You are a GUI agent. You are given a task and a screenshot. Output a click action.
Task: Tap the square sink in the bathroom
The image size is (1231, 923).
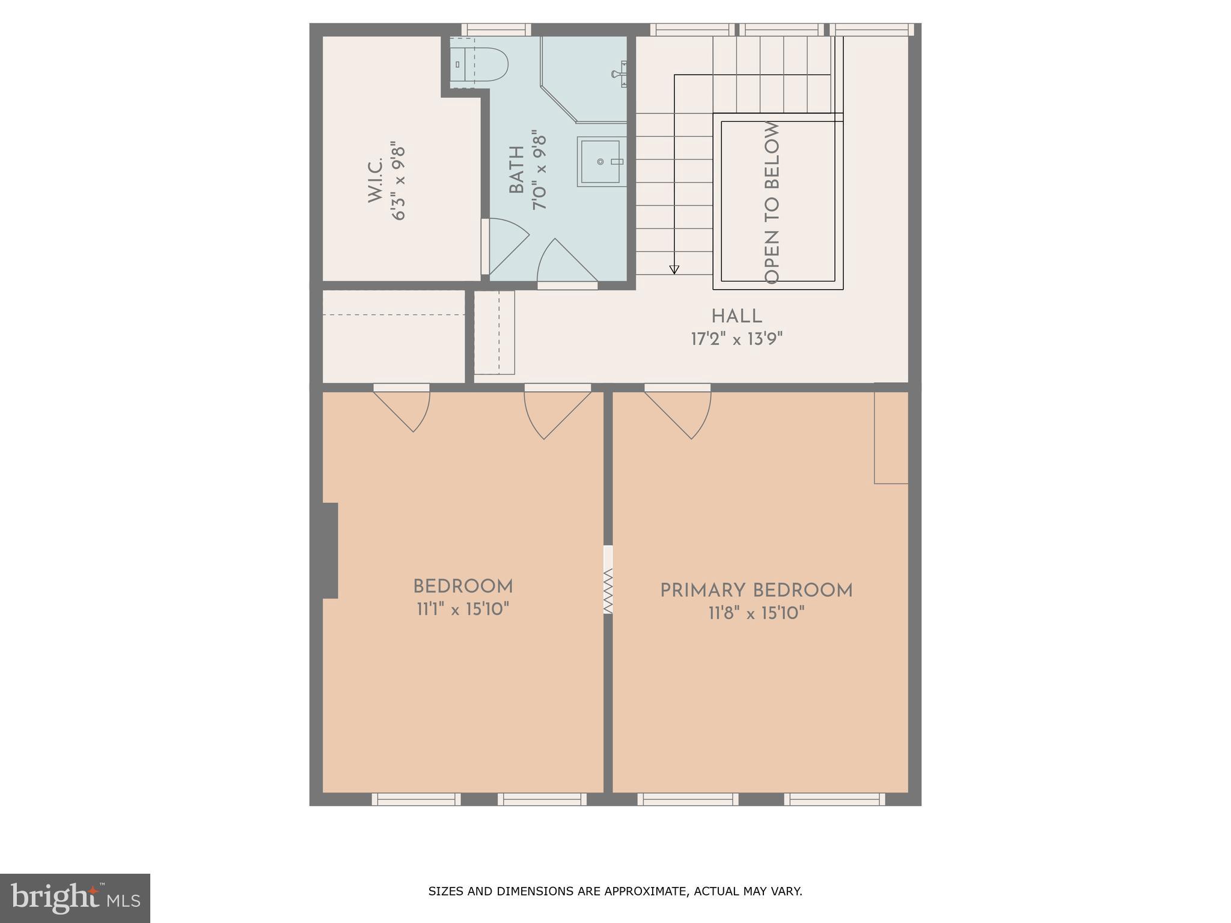(599, 162)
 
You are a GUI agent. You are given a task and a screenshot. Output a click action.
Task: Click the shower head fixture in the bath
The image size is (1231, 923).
(620, 74)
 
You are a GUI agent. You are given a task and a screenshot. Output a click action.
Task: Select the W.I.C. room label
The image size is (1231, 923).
(376, 181)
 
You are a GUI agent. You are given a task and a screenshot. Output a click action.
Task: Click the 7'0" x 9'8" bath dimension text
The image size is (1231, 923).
(539, 172)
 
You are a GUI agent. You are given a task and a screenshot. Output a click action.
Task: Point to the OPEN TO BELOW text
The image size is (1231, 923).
(772, 203)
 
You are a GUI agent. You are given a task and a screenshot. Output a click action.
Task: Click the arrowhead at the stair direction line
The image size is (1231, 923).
(674, 270)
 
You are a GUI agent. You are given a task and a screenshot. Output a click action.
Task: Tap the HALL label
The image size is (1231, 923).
(737, 316)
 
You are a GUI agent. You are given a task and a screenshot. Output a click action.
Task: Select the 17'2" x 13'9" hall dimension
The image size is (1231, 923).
(737, 339)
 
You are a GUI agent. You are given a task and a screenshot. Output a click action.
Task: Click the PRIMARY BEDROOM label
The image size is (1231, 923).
(756, 591)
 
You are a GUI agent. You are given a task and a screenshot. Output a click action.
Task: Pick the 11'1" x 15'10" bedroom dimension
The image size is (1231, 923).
(463, 609)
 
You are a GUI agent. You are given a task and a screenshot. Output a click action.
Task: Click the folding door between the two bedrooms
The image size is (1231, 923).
(608, 590)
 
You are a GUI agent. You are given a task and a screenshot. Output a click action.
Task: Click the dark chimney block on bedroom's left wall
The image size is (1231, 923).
(329, 550)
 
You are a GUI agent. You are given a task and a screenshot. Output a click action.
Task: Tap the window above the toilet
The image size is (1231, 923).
(496, 29)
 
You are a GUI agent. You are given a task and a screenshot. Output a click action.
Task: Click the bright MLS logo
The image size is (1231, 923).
(75, 898)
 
